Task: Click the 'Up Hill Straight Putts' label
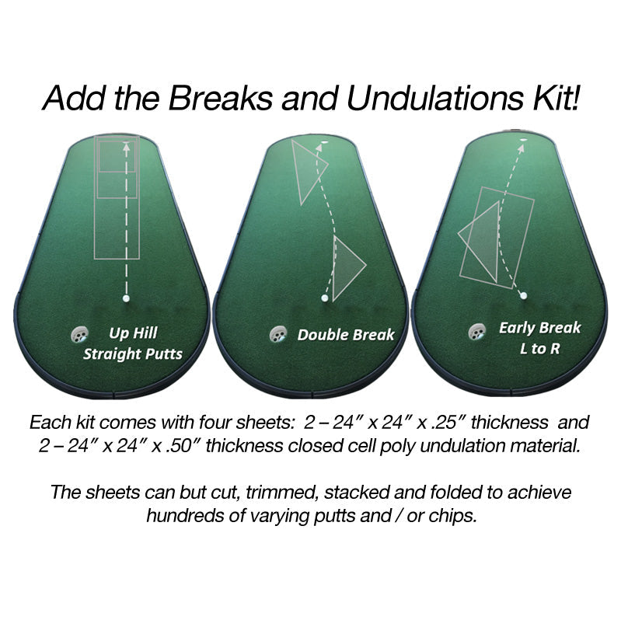[133, 343]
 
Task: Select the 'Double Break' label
[346, 336]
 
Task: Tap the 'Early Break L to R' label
[539, 338]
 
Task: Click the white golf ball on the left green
[125, 298]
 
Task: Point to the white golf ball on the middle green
[325, 298]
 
